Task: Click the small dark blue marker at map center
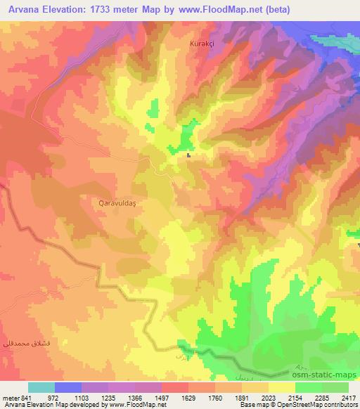click(189, 156)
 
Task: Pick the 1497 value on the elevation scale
click(148, 397)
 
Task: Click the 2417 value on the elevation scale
click(348, 397)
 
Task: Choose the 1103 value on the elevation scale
click(81, 397)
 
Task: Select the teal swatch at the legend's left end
click(41, 387)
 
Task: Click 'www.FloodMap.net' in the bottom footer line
click(133, 405)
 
